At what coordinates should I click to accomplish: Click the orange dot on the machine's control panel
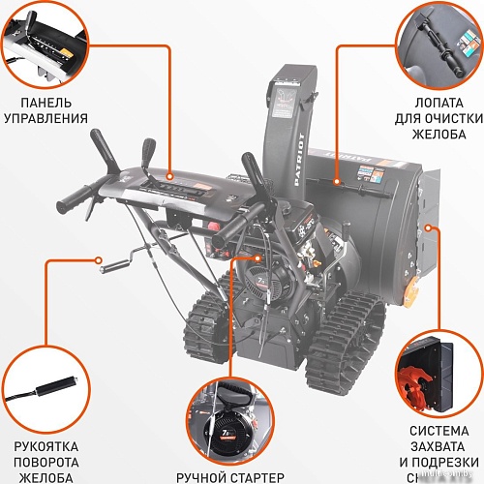tap(170, 178)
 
